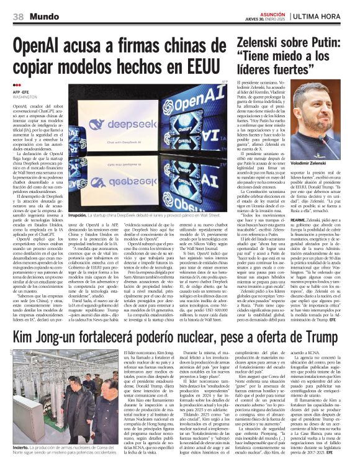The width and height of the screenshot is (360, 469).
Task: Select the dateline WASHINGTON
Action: tap(25, 97)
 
